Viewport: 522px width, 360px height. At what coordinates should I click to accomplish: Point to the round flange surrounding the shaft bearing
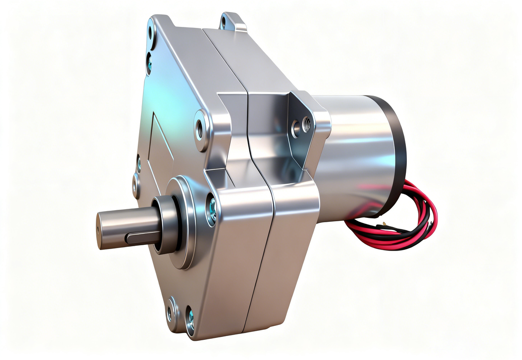(x=185, y=221)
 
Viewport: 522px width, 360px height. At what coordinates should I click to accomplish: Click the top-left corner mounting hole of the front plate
(x=151, y=34)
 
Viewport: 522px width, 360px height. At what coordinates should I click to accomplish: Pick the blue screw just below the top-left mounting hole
(x=149, y=61)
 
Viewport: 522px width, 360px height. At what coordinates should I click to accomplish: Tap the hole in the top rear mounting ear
(x=224, y=22)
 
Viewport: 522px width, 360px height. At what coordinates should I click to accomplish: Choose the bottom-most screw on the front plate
(x=190, y=318)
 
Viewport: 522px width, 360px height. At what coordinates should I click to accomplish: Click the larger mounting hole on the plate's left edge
(x=136, y=185)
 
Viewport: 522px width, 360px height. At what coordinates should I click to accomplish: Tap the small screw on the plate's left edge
(x=139, y=163)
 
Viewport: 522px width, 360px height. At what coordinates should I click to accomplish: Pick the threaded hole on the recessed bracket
(x=306, y=125)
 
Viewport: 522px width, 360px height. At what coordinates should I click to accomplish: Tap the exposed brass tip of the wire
(x=384, y=224)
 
